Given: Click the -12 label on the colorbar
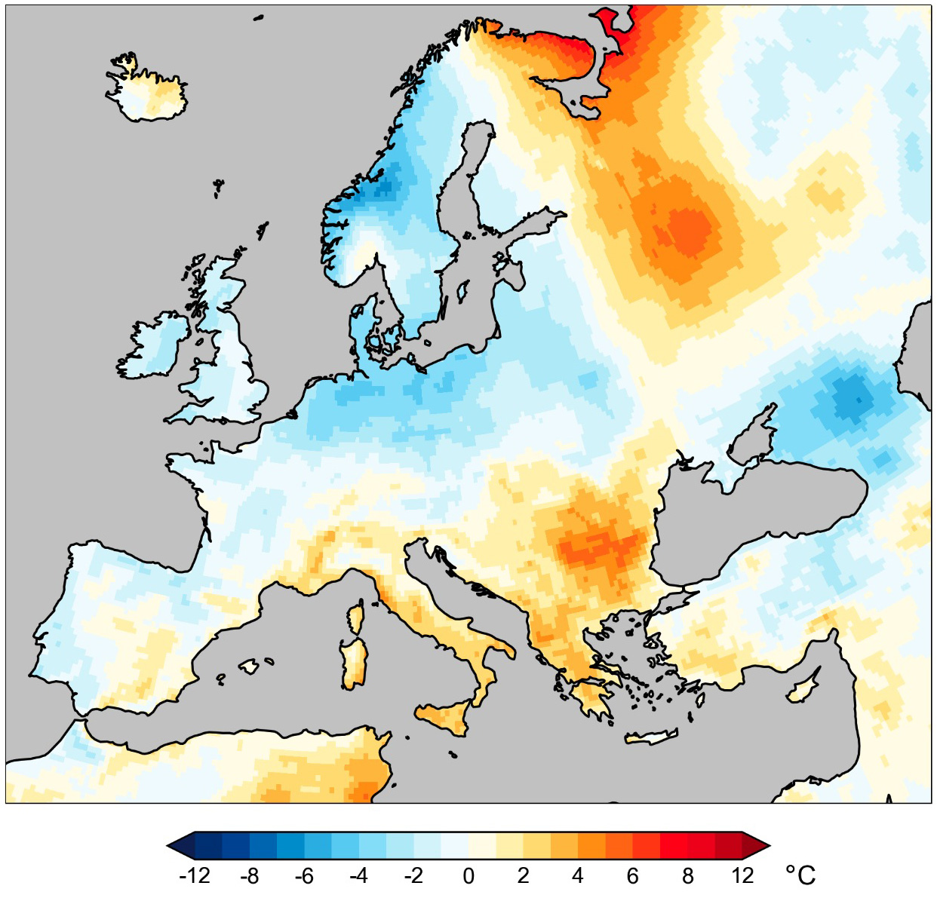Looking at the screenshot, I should click(195, 876).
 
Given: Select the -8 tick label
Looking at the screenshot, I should click(250, 876).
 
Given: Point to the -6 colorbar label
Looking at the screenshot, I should click(304, 876).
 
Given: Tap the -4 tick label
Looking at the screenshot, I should click(359, 876).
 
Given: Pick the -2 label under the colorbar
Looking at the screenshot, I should click(413, 876).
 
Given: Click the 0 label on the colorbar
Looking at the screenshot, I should click(468, 876).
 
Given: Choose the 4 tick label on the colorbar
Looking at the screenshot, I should click(578, 876).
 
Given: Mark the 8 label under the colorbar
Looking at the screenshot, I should click(687, 876).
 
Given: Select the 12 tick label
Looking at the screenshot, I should click(742, 876).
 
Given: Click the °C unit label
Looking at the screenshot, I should click(800, 875).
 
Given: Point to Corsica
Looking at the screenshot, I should click(355, 618).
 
